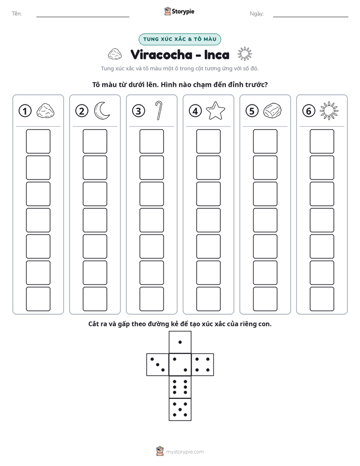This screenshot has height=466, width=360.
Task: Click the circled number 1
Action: click(25, 111)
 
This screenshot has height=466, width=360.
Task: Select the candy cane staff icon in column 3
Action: click(159, 110)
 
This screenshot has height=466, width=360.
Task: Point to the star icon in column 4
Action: click(215, 110)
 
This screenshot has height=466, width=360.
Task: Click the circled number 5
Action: click(252, 111)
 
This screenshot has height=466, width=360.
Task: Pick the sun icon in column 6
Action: click(329, 111)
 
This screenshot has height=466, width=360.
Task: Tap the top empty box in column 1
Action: click(38, 141)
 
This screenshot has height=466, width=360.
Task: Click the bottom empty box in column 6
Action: click(322, 299)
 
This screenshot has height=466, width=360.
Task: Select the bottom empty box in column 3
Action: click(151, 299)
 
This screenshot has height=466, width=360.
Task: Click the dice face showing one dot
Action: click(180, 342)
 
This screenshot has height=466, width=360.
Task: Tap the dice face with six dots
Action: click(180, 387)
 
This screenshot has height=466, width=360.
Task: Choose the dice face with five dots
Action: click(180, 409)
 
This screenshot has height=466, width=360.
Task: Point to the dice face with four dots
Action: click(203, 365)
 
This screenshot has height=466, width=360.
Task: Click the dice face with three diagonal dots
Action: click(158, 365)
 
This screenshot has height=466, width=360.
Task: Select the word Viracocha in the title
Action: click(161, 54)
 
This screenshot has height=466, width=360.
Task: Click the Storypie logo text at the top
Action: click(183, 12)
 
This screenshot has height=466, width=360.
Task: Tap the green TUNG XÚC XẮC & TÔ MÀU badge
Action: click(179, 39)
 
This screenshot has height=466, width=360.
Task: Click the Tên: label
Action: click(17, 14)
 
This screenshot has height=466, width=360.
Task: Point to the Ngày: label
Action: click(257, 14)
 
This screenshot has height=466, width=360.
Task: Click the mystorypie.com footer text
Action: click(185, 452)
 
